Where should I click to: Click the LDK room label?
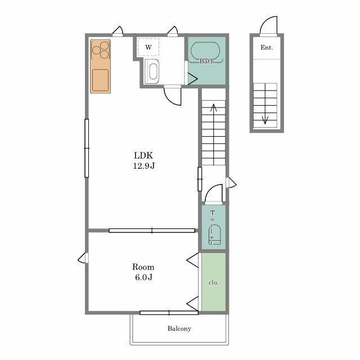point(143,155)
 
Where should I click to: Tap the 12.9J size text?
point(144,165)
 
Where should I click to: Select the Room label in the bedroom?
point(143,267)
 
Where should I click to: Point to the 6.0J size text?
point(144,277)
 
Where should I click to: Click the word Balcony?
point(179,328)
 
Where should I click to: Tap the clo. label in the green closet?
point(214,282)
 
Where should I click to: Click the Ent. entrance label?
point(267,47)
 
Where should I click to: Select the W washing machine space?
point(148,47)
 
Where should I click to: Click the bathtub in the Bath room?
point(205,52)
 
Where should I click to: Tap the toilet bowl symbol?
point(215,235)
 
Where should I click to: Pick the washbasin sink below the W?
point(152,71)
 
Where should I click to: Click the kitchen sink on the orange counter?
point(100,80)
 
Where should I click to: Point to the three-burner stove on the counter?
point(101,50)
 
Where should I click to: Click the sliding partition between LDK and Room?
point(152,231)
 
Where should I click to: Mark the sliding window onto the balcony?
point(169,313)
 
